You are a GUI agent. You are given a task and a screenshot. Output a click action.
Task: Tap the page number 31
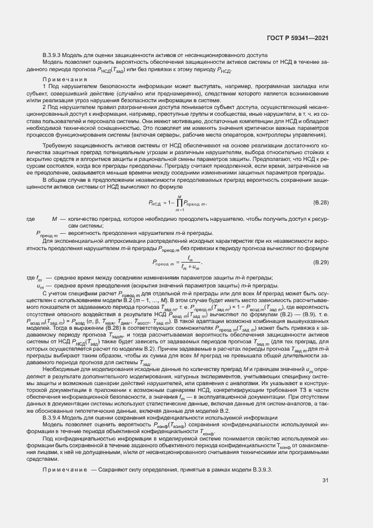325,481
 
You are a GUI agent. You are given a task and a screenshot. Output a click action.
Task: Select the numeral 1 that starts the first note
44,86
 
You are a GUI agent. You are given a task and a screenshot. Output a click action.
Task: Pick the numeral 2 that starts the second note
44,106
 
